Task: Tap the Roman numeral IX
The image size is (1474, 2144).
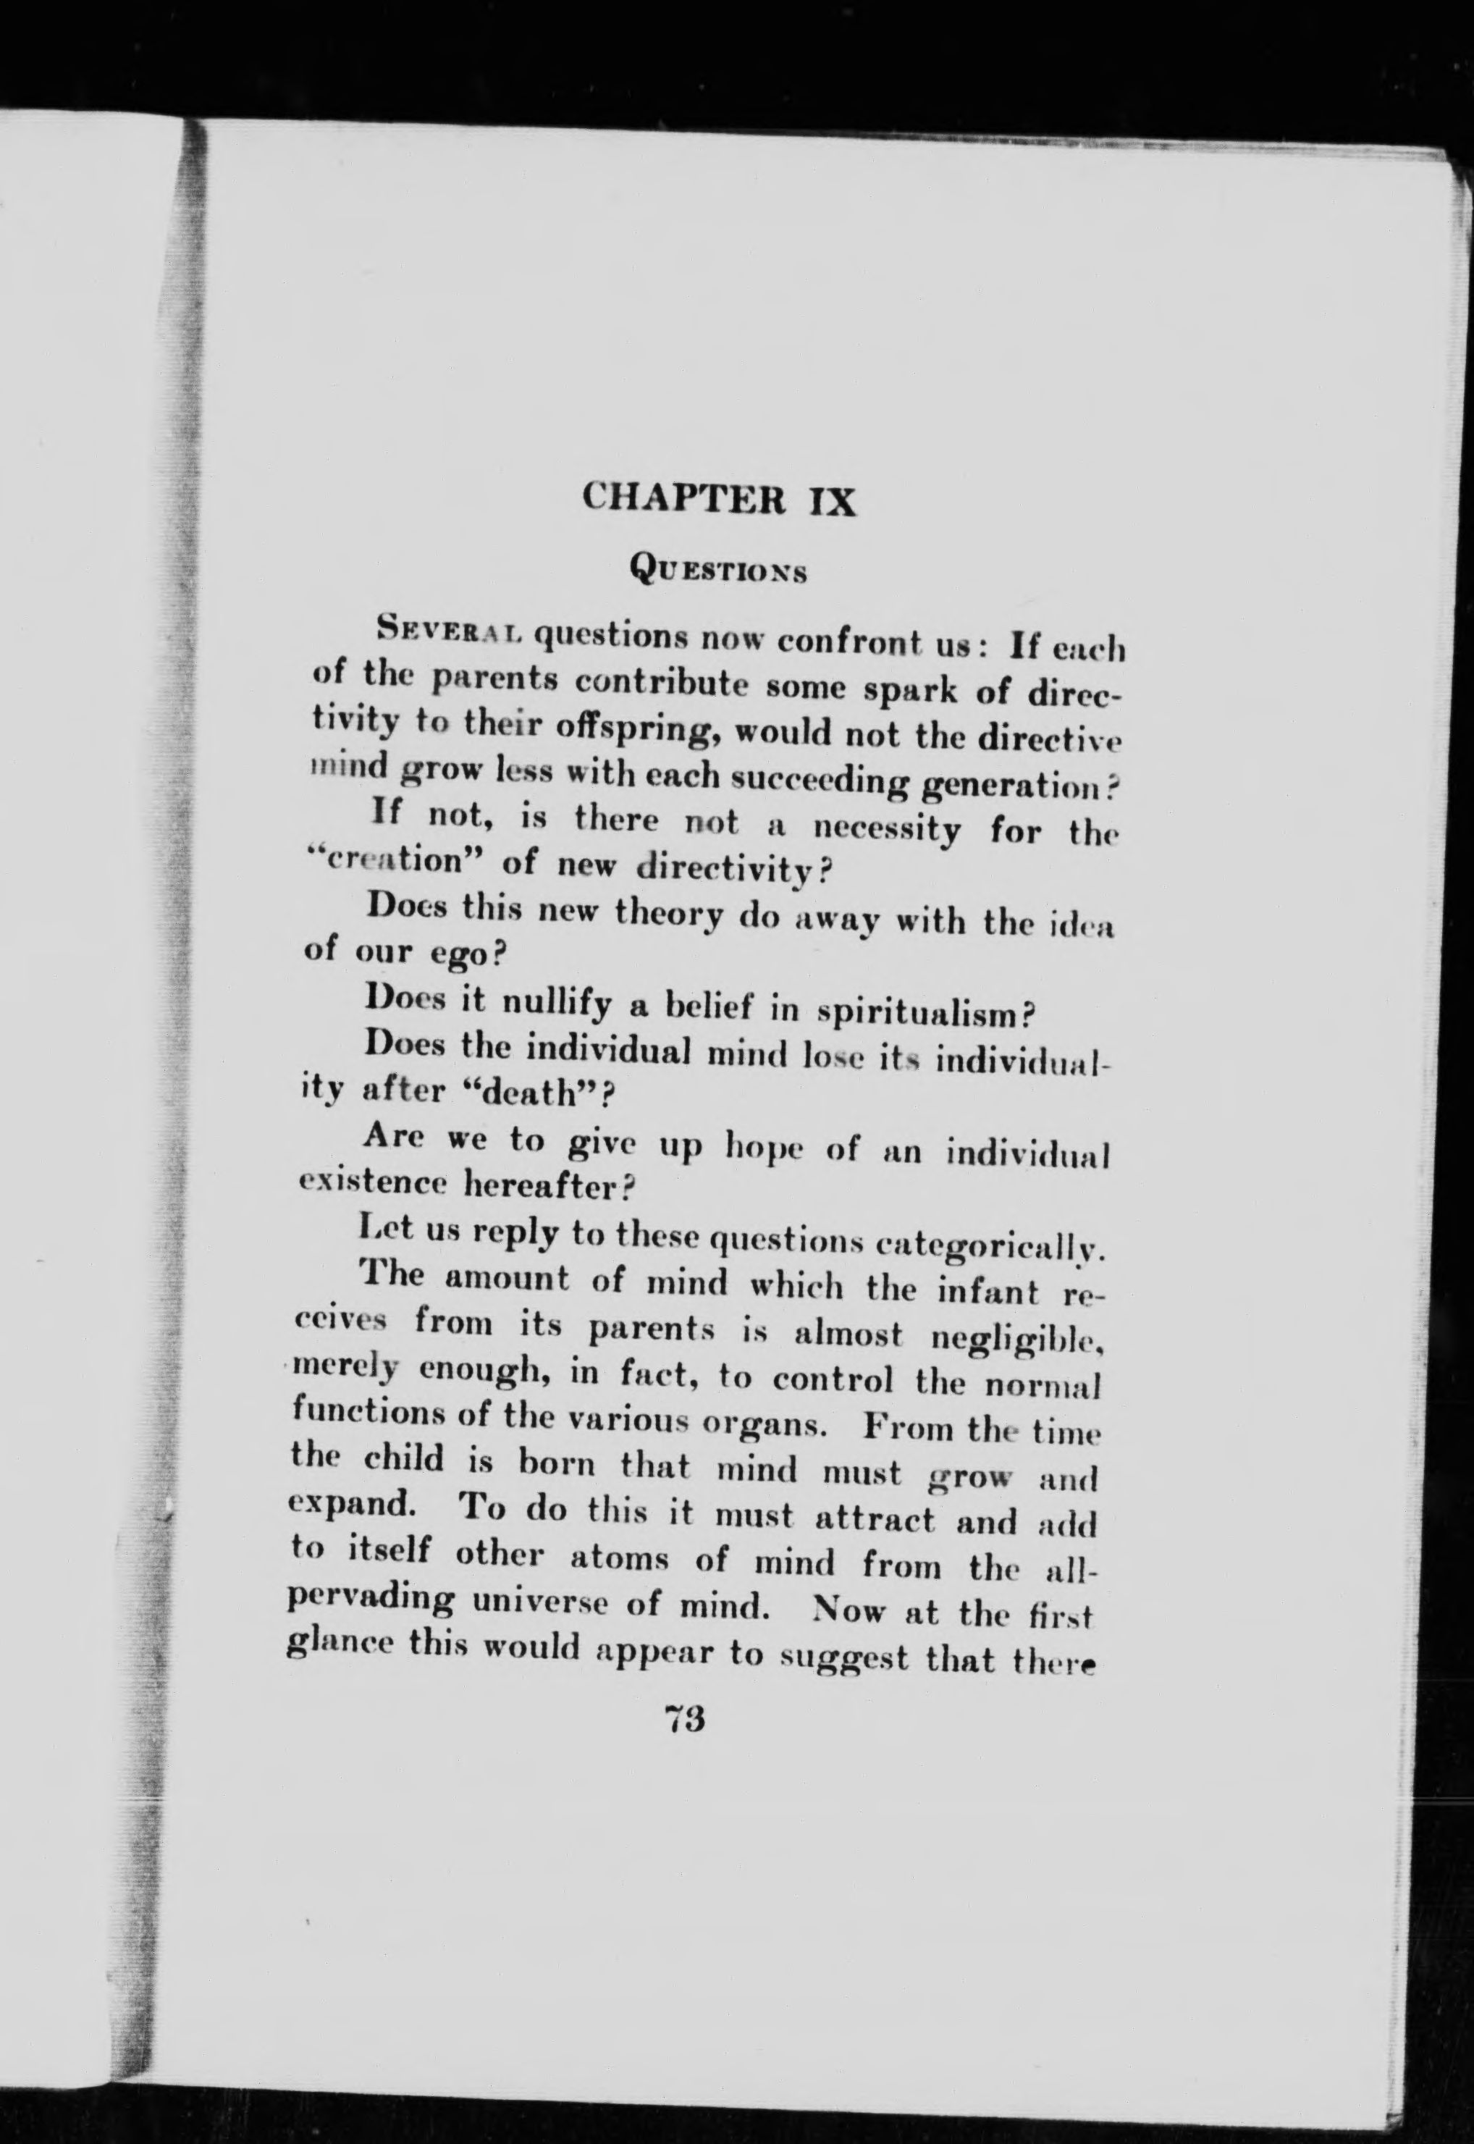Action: (827, 500)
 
